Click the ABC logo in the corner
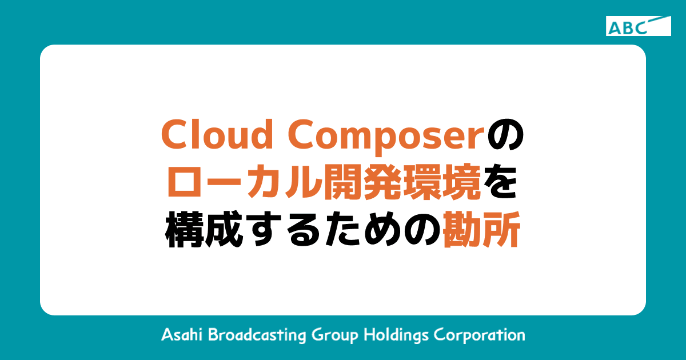[639, 26]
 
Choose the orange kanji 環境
[447, 183]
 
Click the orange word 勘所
[481, 232]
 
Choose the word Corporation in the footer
[480, 335]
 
